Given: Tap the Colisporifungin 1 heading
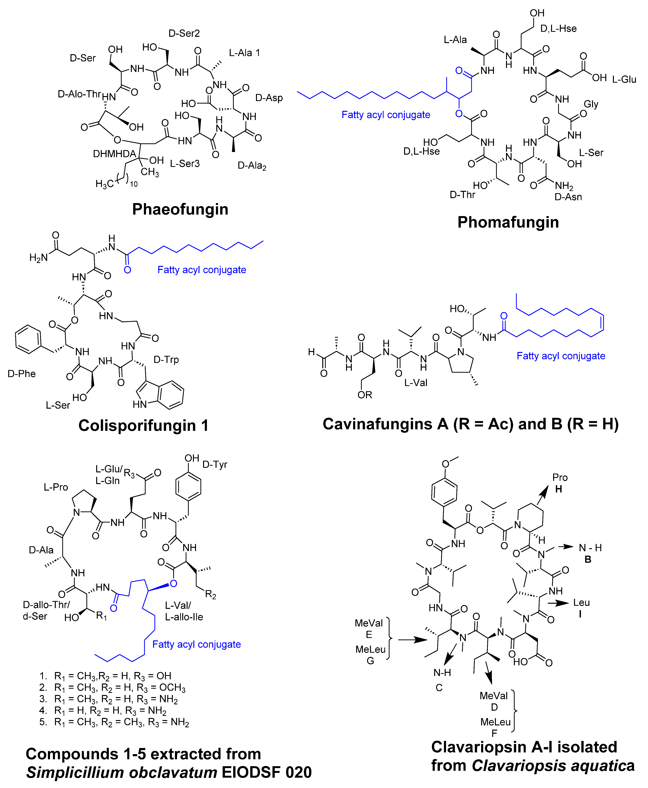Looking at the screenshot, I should [143, 425].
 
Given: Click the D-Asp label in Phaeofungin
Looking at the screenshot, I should [269, 98].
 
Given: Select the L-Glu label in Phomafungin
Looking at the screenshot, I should [624, 79].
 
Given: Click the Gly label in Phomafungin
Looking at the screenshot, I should [591, 104].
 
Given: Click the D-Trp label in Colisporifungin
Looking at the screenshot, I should [166, 360].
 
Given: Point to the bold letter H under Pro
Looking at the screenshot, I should [558, 489].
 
